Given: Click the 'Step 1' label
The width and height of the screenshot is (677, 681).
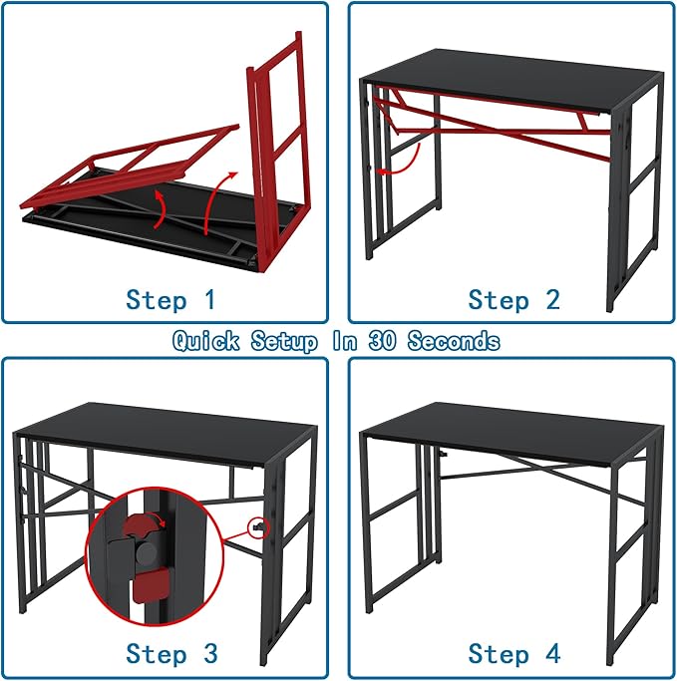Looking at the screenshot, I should (169, 299).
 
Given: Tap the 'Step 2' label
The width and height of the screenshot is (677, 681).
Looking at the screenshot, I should (513, 299).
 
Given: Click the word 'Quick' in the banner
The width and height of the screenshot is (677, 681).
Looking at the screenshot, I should (207, 341).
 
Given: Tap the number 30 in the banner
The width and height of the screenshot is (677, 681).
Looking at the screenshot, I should (382, 341).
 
